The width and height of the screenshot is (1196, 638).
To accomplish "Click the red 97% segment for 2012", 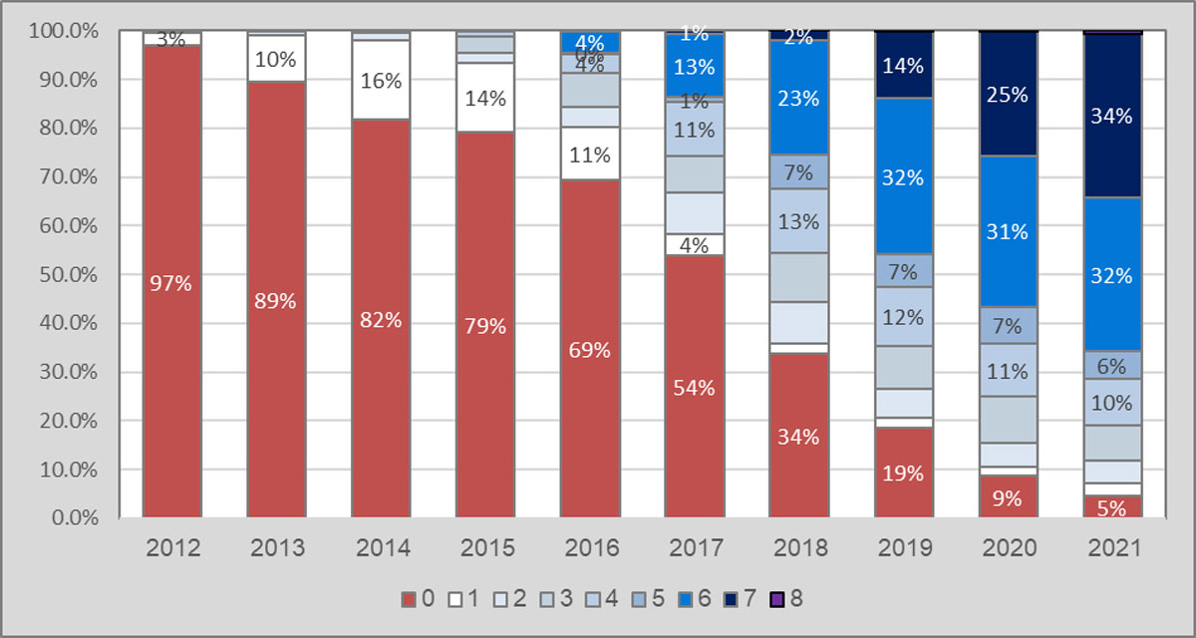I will [172, 282].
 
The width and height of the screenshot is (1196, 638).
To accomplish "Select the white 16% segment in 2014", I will [381, 80].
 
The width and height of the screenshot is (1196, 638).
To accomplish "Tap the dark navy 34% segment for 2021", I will [1111, 116].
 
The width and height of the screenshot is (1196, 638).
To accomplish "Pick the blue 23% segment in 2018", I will [798, 98].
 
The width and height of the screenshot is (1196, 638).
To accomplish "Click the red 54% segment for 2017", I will [694, 387].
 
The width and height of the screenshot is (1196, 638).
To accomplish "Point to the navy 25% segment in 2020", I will [1007, 94].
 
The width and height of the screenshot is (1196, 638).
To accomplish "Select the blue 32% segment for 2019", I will [903, 176].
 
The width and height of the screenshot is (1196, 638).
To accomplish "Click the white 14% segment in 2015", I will [485, 98].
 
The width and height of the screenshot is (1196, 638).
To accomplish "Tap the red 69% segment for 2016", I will [589, 349].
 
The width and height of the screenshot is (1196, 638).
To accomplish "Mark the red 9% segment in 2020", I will [1007, 496].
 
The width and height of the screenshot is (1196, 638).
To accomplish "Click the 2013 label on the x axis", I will [277, 547].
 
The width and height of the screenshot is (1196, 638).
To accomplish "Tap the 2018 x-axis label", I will [798, 547].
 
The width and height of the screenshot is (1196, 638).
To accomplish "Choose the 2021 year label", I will [1111, 547].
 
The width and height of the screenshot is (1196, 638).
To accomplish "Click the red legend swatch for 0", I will [408, 599].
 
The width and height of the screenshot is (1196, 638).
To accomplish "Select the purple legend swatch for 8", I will [777, 599].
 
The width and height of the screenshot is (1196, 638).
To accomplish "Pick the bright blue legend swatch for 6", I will [686, 599].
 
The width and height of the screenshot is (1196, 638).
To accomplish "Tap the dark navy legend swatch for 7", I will [733, 599].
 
